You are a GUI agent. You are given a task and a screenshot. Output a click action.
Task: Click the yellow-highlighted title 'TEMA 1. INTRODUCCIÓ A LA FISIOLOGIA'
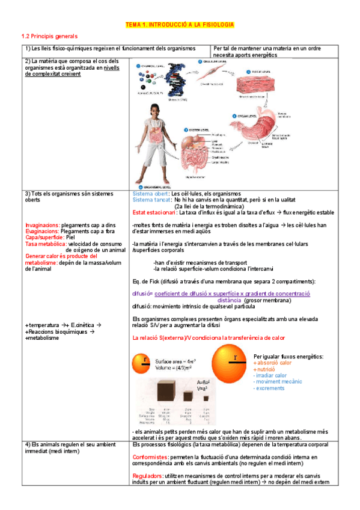coord(180,25)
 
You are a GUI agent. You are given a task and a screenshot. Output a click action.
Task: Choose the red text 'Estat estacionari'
coord(153,212)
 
